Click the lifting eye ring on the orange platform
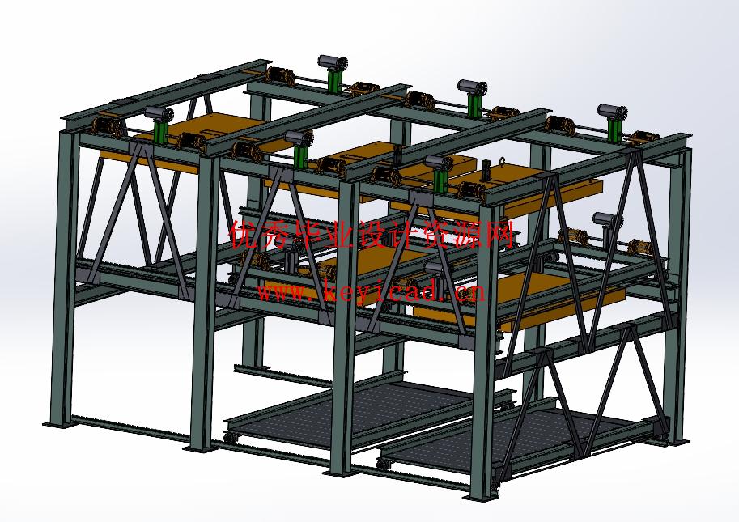click(503, 163)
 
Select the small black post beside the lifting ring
click(486, 170)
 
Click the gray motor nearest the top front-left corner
click(159, 112)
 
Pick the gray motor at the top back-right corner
click(612, 111)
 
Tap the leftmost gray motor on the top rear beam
click(333, 62)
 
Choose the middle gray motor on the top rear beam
click(472, 87)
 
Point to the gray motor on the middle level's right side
click(605, 219)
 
